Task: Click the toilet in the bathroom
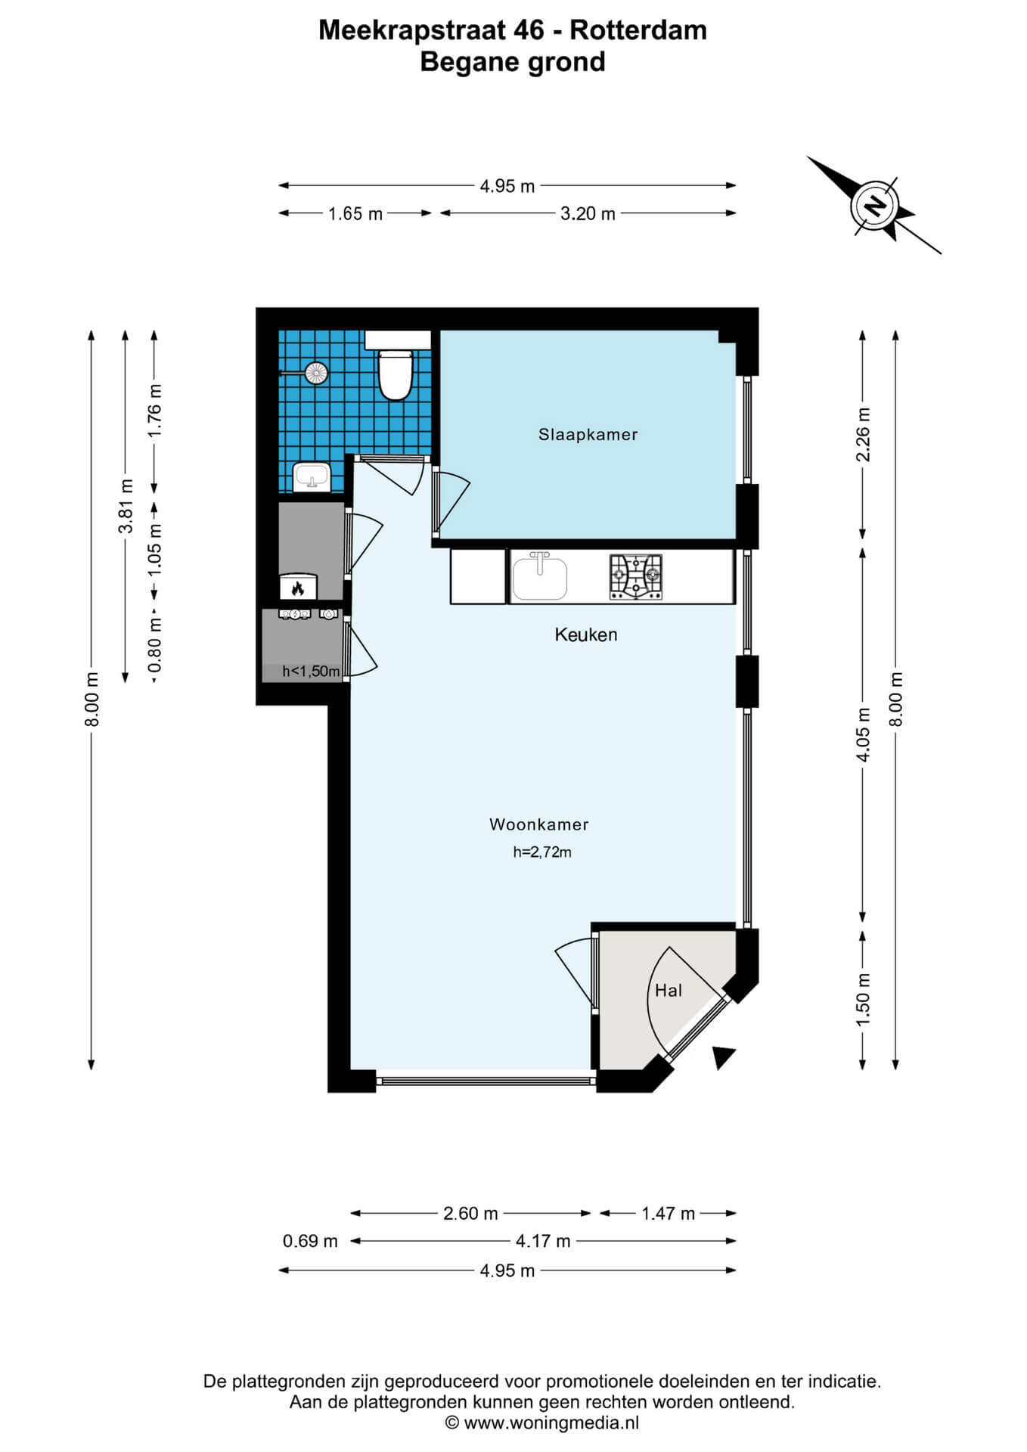click(x=394, y=374)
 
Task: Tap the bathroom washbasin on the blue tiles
click(x=312, y=477)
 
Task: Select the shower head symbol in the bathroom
click(x=315, y=372)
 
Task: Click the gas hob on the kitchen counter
click(x=636, y=577)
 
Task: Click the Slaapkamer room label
click(x=588, y=435)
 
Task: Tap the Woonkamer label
click(x=539, y=824)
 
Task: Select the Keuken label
click(x=586, y=634)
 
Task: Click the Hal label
click(x=669, y=991)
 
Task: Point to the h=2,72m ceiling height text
click(x=542, y=852)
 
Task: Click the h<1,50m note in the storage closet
click(x=311, y=672)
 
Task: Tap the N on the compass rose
click(x=875, y=204)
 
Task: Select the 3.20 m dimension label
click(x=588, y=214)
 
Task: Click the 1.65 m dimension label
click(x=355, y=214)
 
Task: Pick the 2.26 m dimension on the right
click(x=863, y=434)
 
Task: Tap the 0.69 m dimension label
click(x=310, y=1241)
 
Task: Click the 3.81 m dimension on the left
click(x=126, y=506)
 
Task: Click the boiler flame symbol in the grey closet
click(x=298, y=588)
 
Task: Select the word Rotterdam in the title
click(x=638, y=30)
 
